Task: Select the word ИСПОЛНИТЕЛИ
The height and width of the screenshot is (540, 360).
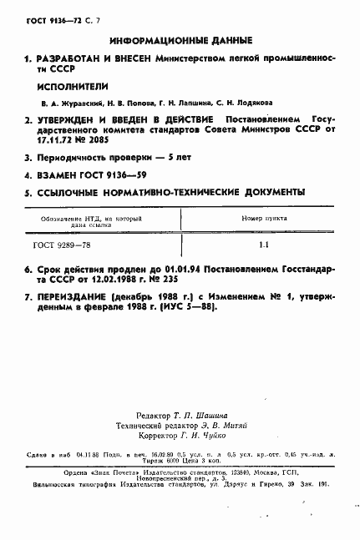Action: (x=67, y=85)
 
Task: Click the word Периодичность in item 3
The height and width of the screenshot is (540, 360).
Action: (x=74, y=157)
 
